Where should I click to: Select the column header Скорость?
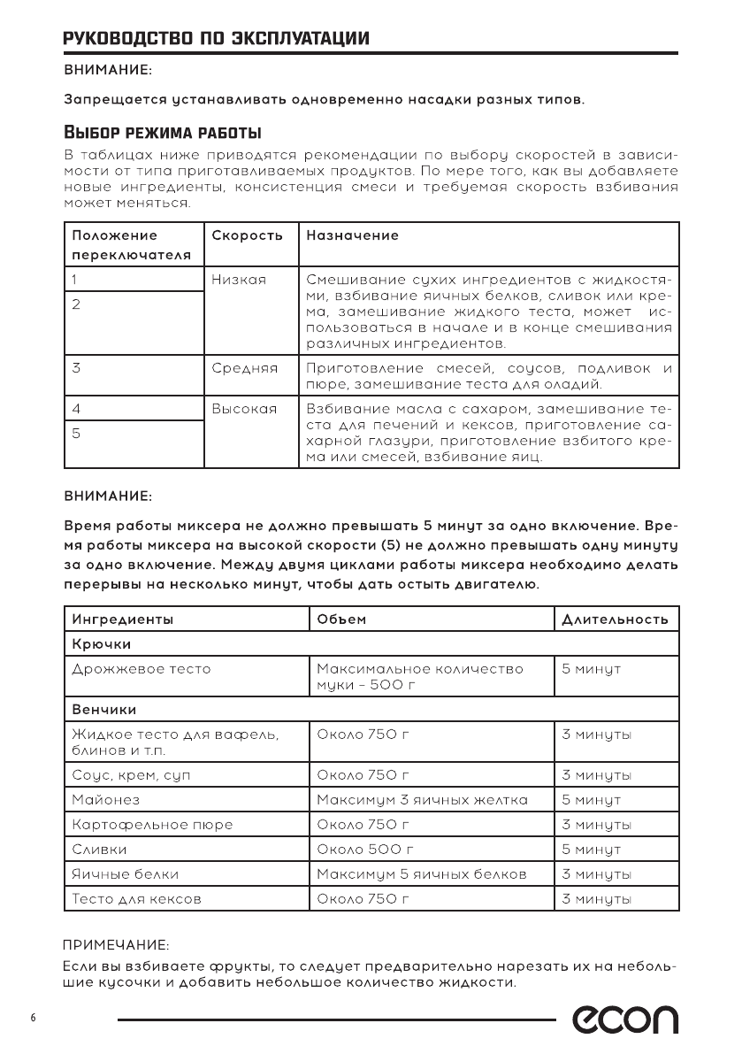[248, 236]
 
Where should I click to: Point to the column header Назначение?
[352, 236]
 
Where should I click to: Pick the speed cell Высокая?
[245, 409]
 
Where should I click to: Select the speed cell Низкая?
[239, 279]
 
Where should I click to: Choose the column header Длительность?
[615, 619]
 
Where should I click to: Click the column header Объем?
[341, 619]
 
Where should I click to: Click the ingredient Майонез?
[104, 800]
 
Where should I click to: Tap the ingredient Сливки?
[99, 850]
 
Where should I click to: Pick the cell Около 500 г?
[365, 850]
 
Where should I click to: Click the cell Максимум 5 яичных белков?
[421, 874]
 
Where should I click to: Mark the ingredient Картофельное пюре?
[152, 825]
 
